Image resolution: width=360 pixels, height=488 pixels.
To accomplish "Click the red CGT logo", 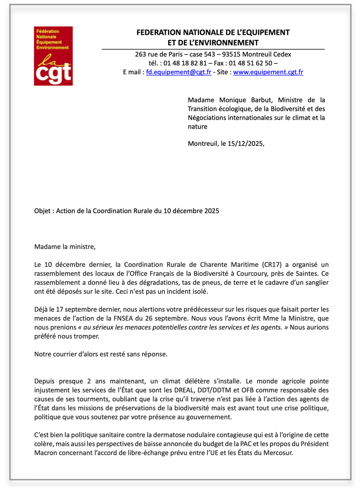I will click(x=53, y=56).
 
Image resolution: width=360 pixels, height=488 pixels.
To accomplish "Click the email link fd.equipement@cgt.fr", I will click(x=179, y=72).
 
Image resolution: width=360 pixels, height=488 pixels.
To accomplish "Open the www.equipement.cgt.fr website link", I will click(x=268, y=72).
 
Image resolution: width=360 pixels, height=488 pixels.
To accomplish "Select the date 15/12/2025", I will click(x=245, y=144).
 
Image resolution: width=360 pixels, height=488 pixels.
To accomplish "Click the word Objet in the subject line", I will click(x=43, y=211).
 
